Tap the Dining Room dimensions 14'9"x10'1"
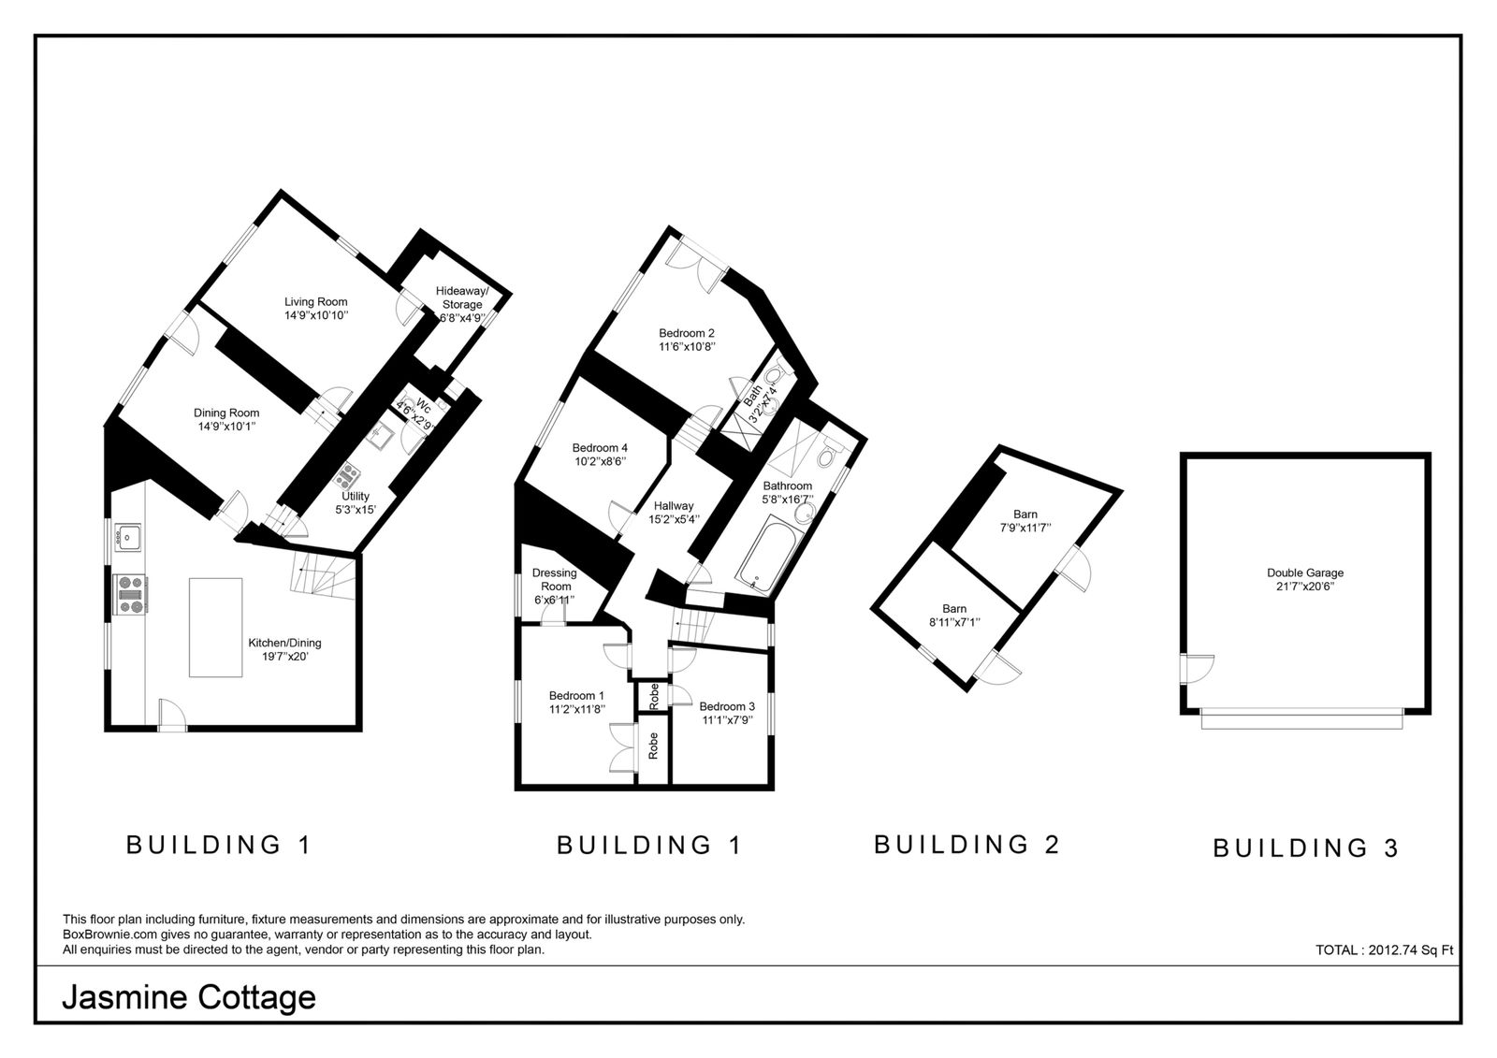pyautogui.click(x=226, y=427)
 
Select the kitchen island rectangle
pyautogui.click(x=215, y=628)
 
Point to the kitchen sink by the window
pyautogui.click(x=127, y=537)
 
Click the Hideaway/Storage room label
pyautogui.click(x=462, y=297)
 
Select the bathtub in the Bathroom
pyautogui.click(x=766, y=554)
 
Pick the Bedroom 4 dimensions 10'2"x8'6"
pyautogui.click(x=600, y=461)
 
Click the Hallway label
pyautogui.click(x=674, y=506)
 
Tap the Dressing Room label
pyautogui.click(x=555, y=579)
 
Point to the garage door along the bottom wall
pyautogui.click(x=1301, y=719)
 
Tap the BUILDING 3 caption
pyautogui.click(x=1305, y=848)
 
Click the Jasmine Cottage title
pyautogui.click(x=189, y=998)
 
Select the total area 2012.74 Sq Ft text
pyautogui.click(x=1384, y=949)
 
